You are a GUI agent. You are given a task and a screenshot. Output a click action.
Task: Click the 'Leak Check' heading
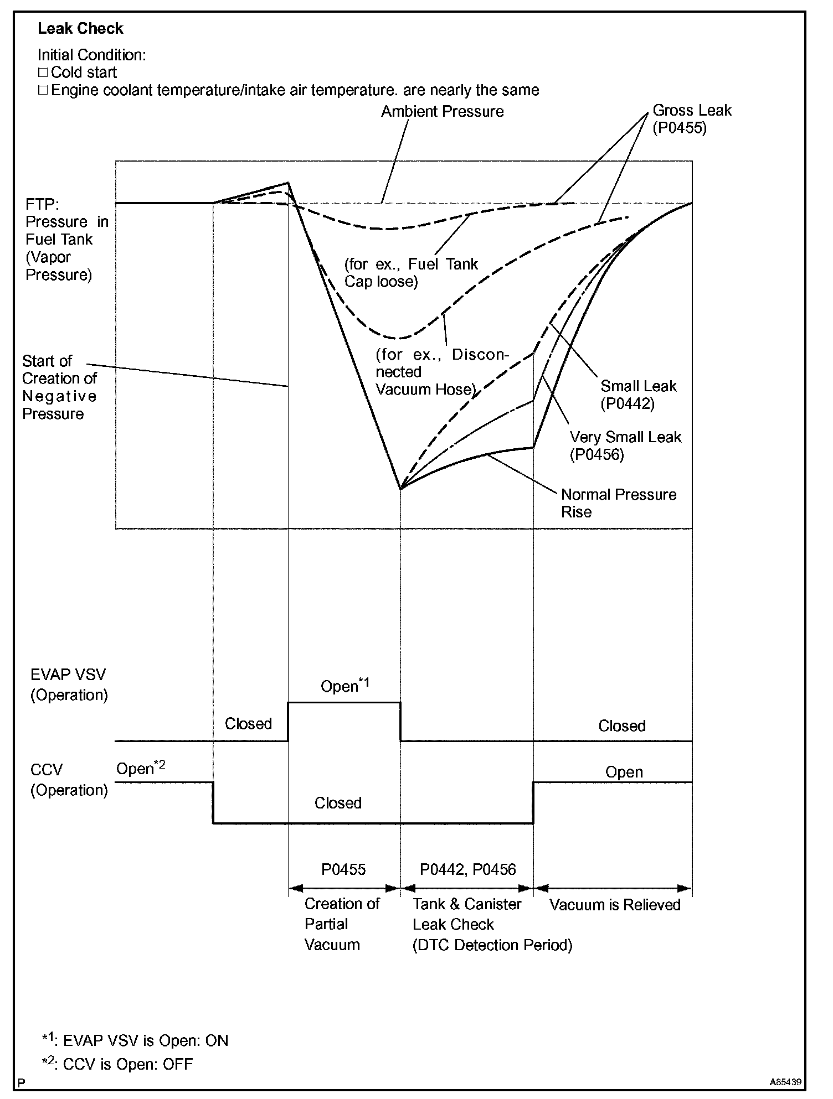[x=80, y=29]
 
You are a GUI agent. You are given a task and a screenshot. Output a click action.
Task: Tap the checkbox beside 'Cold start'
[x=43, y=72]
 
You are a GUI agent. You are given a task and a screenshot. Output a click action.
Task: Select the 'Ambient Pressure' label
[x=442, y=112]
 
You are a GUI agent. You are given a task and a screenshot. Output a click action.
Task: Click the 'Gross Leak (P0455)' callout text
[x=692, y=119]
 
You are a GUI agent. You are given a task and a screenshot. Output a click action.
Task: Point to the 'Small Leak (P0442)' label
[x=638, y=395]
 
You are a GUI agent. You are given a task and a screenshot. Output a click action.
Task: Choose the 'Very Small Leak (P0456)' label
[x=625, y=445]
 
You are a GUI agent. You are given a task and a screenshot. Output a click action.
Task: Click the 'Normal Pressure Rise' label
[x=618, y=503]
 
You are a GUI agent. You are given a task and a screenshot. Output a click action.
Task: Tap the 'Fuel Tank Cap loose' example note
[x=410, y=273]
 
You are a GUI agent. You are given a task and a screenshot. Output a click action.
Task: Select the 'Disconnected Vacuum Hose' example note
[x=441, y=372]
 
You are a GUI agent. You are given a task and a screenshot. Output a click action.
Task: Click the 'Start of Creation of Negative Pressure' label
[x=59, y=387]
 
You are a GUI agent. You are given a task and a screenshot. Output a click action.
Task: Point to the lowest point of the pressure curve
[x=400, y=489]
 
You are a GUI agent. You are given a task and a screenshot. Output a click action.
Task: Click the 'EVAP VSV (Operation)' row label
[x=69, y=685]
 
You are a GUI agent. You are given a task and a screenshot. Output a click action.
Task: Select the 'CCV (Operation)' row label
[x=69, y=780]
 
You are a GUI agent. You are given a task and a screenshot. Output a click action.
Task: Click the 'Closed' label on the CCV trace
[x=338, y=803]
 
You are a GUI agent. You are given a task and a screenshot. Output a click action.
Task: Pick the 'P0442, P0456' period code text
[x=467, y=869]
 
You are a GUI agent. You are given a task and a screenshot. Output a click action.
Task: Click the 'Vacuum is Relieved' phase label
[x=615, y=905]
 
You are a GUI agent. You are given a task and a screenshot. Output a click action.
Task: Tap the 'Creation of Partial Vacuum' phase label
[x=341, y=924]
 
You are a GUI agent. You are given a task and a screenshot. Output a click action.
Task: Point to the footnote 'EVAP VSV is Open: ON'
[x=136, y=1040]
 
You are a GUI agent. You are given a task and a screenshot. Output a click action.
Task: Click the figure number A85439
[x=785, y=1081]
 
